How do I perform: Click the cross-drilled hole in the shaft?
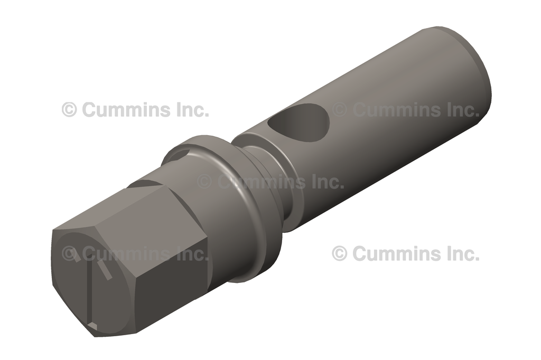pyautogui.click(x=299, y=120)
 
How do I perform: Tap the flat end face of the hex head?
pyautogui.click(x=90, y=285)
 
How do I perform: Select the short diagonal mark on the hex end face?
pyautogui.click(x=106, y=271)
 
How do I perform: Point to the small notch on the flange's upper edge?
pyautogui.click(x=180, y=154)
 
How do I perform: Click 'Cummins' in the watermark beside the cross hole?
pyautogui.click(x=391, y=110)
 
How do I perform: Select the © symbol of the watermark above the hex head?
pyautogui.click(x=69, y=110)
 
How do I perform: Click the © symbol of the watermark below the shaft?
pyautogui.click(x=339, y=253)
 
